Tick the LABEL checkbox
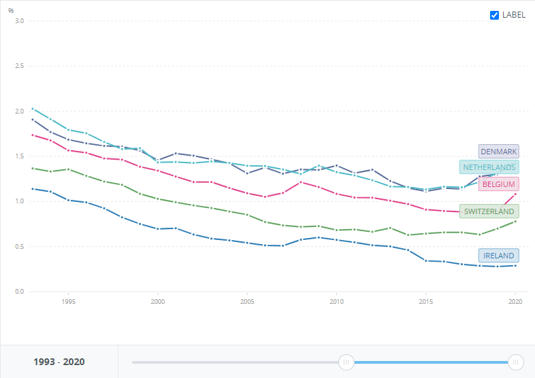coord(495,15)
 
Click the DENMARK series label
coord(498,152)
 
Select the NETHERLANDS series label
coord(489,167)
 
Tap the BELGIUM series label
coord(498,184)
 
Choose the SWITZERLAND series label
coord(489,211)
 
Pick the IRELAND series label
coord(498,256)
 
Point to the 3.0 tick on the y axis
coord(19,21)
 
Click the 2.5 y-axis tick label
coord(19,66)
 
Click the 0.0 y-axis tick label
coord(19,292)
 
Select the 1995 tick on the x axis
coord(68,301)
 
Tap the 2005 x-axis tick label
coord(247,301)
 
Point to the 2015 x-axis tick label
coord(426,301)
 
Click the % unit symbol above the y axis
coord(11,11)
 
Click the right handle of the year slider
coord(516,362)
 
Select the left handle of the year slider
coord(346,362)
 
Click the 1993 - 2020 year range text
coord(59,362)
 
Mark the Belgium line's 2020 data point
coord(515,194)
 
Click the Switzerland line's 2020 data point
coord(515,221)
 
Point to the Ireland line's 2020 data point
coord(515,265)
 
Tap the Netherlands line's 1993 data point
coord(32,109)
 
